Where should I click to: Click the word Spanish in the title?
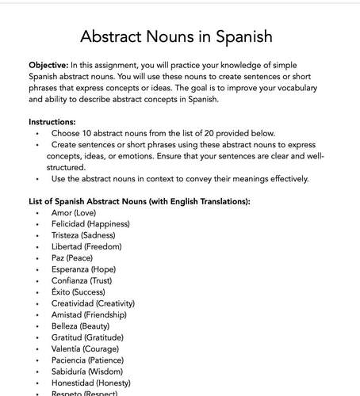[x=243, y=36]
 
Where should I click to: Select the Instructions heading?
[x=52, y=122]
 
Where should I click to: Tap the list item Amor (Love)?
[x=77, y=213]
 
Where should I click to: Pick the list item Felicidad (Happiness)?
[x=90, y=224]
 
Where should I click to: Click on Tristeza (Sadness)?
[x=82, y=235]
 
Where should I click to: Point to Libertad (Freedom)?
[x=84, y=247]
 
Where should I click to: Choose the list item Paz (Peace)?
[x=74, y=258]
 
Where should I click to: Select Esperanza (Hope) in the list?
[x=84, y=269]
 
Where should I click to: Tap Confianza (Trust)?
[x=83, y=280]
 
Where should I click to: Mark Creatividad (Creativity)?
[x=92, y=303]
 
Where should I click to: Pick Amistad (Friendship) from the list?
[x=88, y=314]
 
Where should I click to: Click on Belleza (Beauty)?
[x=80, y=326]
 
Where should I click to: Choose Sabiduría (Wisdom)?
[x=86, y=371]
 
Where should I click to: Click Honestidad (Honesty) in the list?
[x=90, y=382]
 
